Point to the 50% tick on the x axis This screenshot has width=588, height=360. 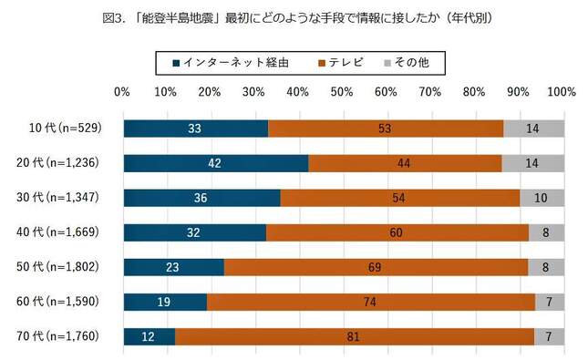click(342, 92)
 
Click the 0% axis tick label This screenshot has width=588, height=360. click(122, 92)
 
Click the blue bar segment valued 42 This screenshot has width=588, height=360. click(215, 163)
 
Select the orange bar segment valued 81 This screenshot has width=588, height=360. click(355, 336)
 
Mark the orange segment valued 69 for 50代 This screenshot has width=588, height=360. click(376, 267)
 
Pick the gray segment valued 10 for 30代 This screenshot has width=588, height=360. click(542, 198)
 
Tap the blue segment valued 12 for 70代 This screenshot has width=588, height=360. click(149, 336)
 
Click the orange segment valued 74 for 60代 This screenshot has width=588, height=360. click(371, 302)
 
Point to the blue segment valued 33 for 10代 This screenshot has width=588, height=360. click(195, 129)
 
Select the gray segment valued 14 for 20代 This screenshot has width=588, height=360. click(532, 163)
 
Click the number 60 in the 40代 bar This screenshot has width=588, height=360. click(397, 232)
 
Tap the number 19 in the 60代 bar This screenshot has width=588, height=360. click(164, 302)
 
